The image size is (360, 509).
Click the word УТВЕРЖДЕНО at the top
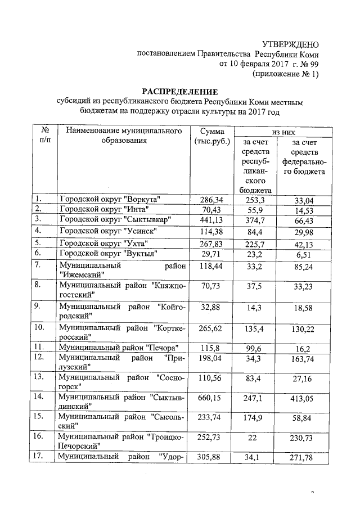(291, 44)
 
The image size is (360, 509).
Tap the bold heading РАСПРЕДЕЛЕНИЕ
(179, 92)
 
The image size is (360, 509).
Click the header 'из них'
(283, 131)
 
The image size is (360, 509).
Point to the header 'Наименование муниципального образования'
(124, 136)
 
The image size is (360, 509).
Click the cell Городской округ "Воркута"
(111, 199)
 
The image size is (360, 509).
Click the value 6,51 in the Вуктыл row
(307, 254)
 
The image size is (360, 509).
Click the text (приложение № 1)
(286, 74)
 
